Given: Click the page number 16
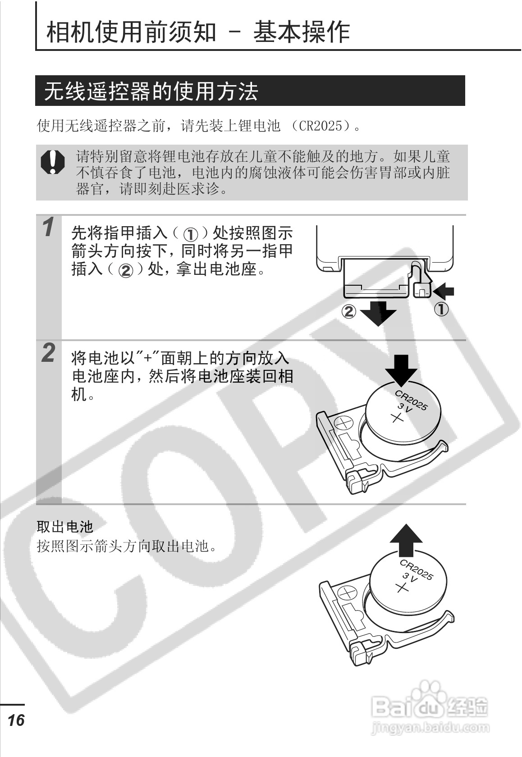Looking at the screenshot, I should (x=16, y=720).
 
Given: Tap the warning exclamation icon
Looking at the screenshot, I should (x=52, y=162).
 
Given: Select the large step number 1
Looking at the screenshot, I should (x=48, y=227).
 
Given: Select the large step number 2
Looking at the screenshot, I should (x=48, y=352).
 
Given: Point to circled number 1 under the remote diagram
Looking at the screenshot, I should (x=441, y=310).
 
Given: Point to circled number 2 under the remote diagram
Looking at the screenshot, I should (x=348, y=311).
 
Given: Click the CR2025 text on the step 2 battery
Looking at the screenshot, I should (x=411, y=400).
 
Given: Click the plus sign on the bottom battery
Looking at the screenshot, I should (x=401, y=588).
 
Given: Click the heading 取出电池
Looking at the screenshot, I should (x=64, y=526).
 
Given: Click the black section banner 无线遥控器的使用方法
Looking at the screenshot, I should (x=250, y=91).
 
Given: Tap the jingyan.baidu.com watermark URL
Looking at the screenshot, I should (x=429, y=727).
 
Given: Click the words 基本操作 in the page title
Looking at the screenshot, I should (x=302, y=32).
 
